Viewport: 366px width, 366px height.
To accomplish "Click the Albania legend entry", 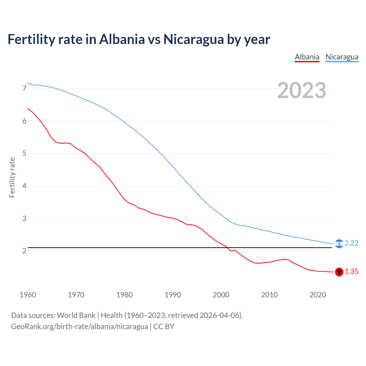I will pos(307,57).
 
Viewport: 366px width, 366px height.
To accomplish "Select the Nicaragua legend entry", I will pos(342,57).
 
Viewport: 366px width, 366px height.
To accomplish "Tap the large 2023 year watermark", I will pos(301,90).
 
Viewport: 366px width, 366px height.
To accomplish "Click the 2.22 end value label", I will pos(351,243).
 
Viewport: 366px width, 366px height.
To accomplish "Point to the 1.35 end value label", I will pos(351,272).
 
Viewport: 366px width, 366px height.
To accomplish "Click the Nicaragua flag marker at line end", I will pos(339,244).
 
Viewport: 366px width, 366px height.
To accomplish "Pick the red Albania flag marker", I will pos(339,272).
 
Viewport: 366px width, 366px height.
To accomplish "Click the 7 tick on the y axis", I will pos(24,89).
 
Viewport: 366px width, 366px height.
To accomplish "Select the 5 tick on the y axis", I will pos(24,154).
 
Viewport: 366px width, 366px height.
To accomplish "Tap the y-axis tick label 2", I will pos(24,251).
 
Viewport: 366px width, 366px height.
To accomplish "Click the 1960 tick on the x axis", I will pos(28,295).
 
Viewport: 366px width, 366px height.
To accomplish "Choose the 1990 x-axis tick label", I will pos(173,295).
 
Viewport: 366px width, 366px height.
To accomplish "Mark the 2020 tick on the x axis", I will pos(318,295).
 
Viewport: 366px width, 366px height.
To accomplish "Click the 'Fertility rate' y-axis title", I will pos(12,177).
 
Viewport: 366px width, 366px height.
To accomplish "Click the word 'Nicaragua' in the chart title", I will pos(194,39).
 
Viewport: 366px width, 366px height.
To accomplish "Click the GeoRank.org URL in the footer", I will pos(79,327).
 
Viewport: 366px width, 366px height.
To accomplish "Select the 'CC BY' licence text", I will pos(164,327).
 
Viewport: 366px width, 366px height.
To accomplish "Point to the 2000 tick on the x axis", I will pos(221,295).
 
